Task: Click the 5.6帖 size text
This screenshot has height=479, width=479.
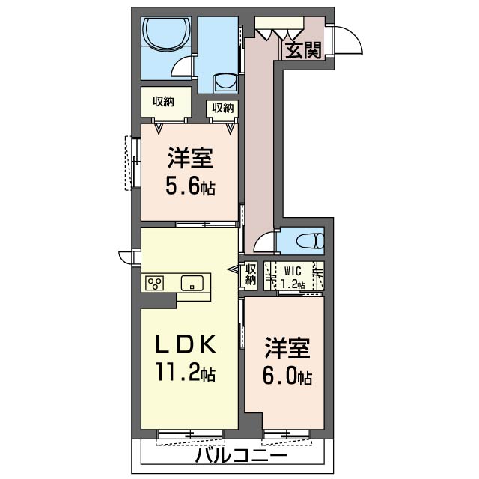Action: pos(190,186)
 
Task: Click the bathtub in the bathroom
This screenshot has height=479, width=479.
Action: pos(164,34)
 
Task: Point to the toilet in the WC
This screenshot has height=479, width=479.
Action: pos(308,241)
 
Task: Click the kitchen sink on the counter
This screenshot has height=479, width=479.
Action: pos(192,283)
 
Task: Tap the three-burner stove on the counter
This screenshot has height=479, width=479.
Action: pos(156,283)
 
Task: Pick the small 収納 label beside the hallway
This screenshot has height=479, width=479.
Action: pos(222,108)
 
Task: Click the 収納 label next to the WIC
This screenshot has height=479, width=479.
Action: pos(251,275)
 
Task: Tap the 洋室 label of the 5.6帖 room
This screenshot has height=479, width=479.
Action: pos(190,159)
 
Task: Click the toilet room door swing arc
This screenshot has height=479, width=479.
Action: pos(263,242)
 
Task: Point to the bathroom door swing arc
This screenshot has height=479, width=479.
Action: pos(182,70)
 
